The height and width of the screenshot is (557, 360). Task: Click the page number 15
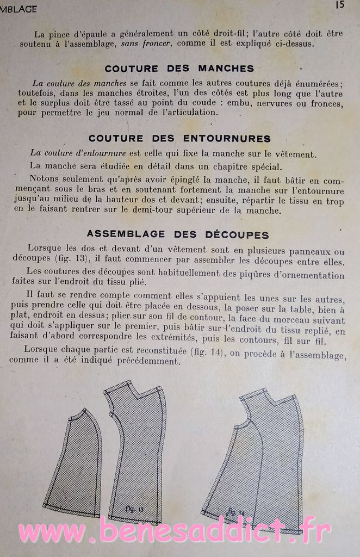(340, 5)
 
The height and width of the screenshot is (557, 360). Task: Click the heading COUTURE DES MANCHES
(179, 69)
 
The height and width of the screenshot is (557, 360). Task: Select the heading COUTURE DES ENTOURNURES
(179, 139)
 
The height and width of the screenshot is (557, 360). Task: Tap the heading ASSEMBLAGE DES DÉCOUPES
(178, 235)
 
